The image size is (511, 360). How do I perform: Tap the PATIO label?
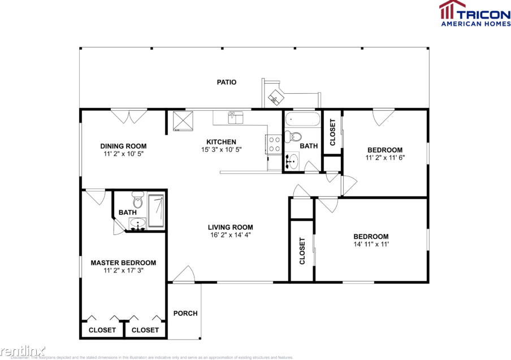pyautogui.click(x=227, y=82)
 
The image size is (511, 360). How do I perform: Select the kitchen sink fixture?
pyautogui.click(x=235, y=118)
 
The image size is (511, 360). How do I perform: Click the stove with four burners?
pyautogui.click(x=274, y=144)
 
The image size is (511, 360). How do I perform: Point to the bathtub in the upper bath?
pyautogui.click(x=302, y=120)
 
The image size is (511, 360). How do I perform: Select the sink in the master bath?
pyautogui.click(x=137, y=225)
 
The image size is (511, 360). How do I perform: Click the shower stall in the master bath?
pyautogui.click(x=156, y=210)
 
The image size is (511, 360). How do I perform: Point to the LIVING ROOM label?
pyautogui.click(x=230, y=227)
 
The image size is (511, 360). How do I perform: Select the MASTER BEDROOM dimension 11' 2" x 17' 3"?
pyautogui.click(x=123, y=271)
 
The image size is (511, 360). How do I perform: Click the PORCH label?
pyautogui.click(x=185, y=313)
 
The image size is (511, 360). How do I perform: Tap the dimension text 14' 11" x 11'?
pyautogui.click(x=371, y=245)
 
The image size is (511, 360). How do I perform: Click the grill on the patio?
pyautogui.click(x=275, y=98)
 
